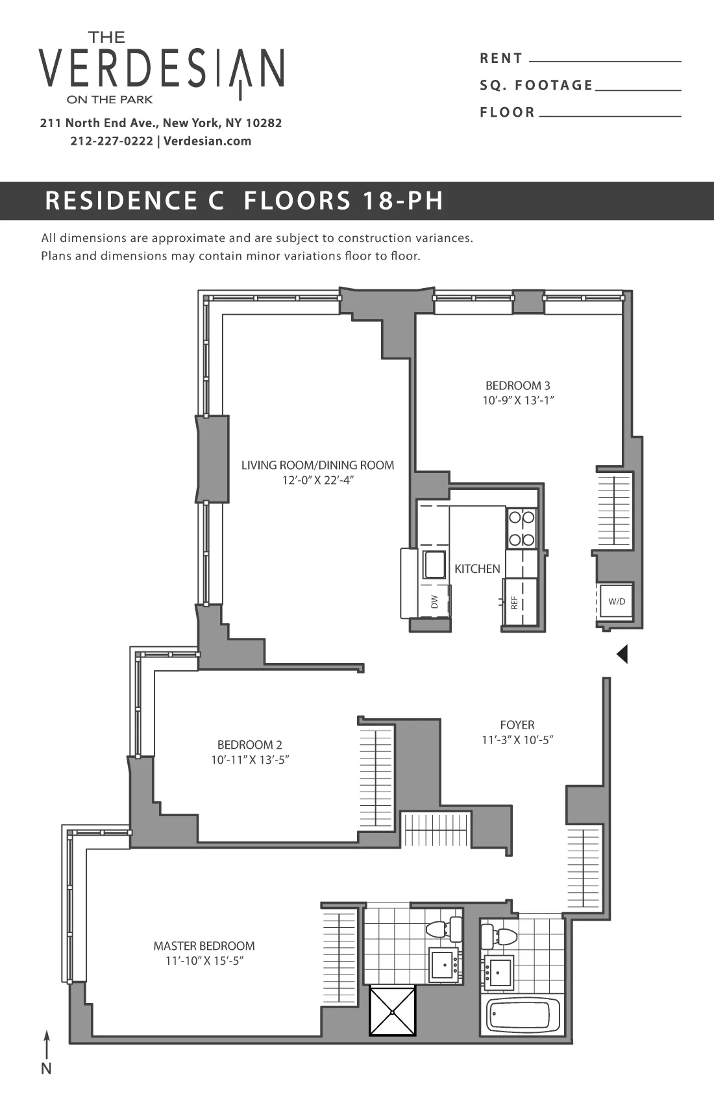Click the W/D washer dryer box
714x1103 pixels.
click(x=616, y=601)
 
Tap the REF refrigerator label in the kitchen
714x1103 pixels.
click(x=514, y=603)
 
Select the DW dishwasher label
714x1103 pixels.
click(x=435, y=601)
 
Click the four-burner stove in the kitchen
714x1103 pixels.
click(x=522, y=528)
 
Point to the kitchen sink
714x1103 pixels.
click(x=434, y=563)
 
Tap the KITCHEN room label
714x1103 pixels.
click(x=477, y=569)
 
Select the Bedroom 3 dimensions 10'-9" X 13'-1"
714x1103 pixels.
click(x=518, y=401)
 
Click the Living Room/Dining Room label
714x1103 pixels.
click(x=317, y=465)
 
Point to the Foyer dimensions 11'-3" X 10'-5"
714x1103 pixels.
click(x=517, y=740)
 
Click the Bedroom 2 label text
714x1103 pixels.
click(x=249, y=745)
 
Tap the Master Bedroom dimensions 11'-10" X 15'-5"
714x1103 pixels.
click(x=204, y=962)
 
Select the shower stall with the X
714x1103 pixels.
click(x=392, y=1011)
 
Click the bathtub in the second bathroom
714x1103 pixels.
click(x=523, y=1015)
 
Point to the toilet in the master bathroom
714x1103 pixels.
click(x=445, y=928)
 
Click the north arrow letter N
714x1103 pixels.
click(x=46, y=1069)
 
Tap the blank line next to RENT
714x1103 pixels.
click(x=605, y=60)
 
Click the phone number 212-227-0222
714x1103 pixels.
click(x=112, y=141)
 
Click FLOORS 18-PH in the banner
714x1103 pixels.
click(x=343, y=200)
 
